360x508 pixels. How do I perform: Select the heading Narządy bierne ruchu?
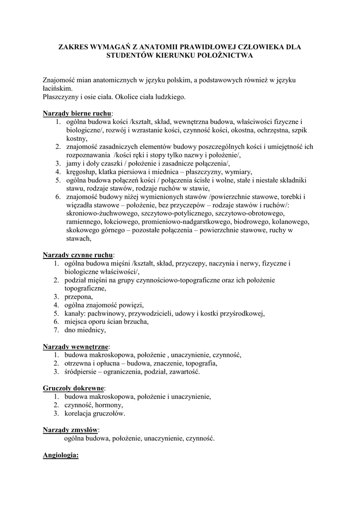coord(77,113)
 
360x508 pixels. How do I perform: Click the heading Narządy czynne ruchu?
coord(78,254)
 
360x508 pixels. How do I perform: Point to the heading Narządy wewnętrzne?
coord(76,346)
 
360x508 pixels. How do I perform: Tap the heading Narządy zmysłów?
coord(71,429)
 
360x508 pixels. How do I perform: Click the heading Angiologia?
coord(61,454)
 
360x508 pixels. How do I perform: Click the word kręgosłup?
coord(81,172)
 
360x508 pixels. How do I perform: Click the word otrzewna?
coord(79,363)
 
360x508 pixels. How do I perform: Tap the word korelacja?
coord(81,413)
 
